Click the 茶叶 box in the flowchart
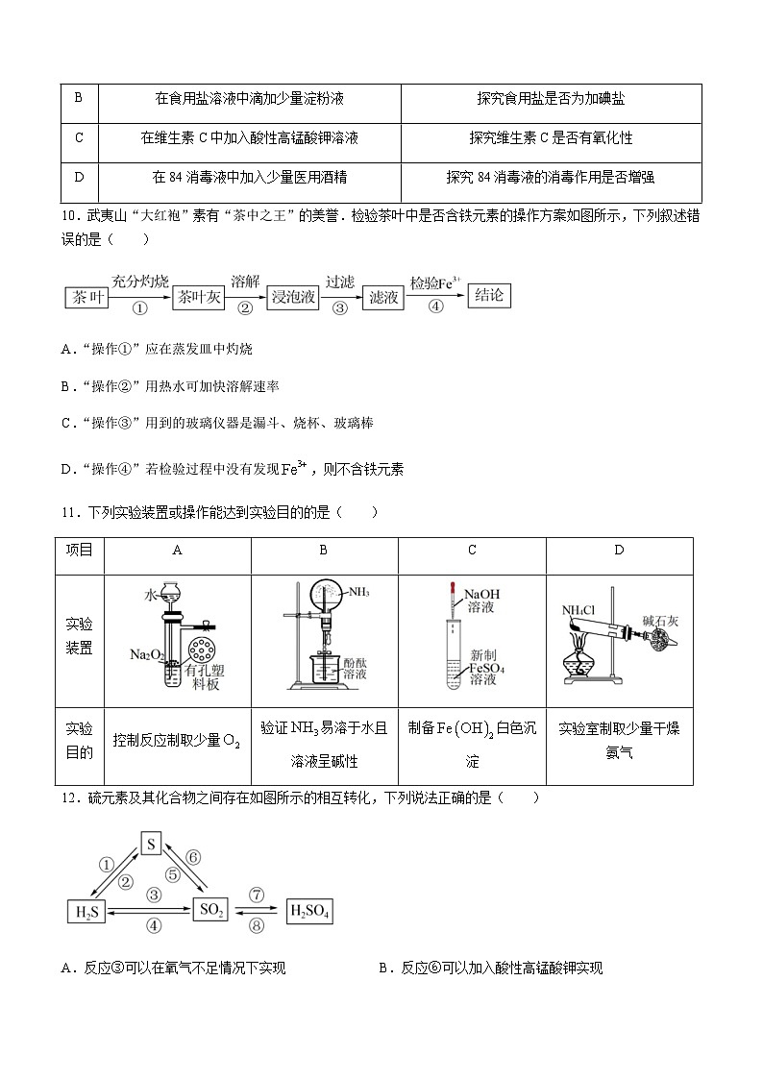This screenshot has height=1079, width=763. [85, 298]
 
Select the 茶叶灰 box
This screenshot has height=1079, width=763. [199, 298]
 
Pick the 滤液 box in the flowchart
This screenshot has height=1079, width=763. [383, 298]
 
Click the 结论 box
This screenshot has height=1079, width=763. [489, 295]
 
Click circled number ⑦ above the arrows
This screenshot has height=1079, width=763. [256, 894]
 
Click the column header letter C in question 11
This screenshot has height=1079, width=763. [472, 550]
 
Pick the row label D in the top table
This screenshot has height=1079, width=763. [79, 177]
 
